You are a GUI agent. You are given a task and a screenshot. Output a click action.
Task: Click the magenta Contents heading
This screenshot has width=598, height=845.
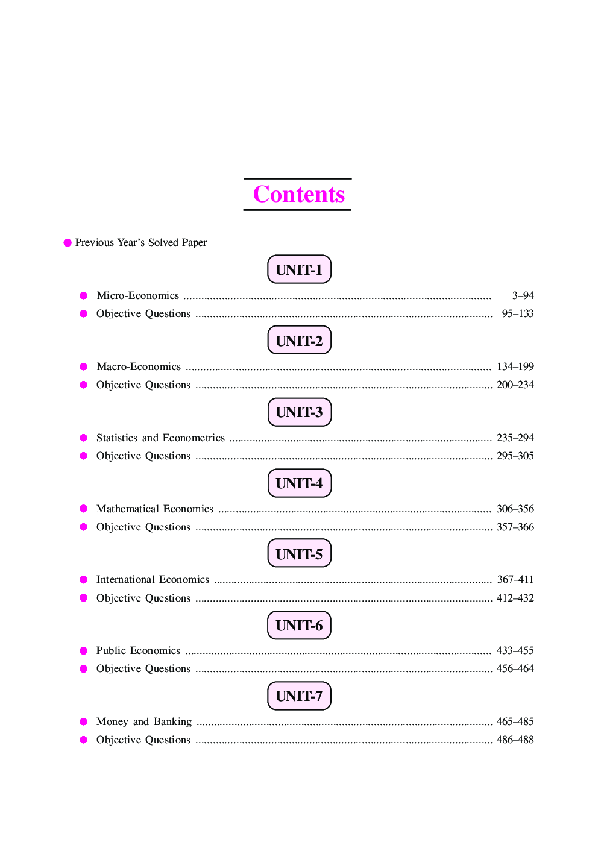[x=298, y=194]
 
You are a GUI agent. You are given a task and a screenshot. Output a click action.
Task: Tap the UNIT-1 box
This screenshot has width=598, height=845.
[x=299, y=269]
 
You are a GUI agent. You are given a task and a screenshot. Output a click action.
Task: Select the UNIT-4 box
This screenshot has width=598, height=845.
[x=299, y=483]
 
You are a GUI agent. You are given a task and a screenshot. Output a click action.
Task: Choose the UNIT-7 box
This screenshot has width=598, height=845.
[x=299, y=696]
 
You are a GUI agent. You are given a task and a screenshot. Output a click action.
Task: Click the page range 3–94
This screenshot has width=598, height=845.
[x=523, y=295]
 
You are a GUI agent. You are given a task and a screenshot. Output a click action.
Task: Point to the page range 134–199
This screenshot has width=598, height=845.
[x=515, y=366]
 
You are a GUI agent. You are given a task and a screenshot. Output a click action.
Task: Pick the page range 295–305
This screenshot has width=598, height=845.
[x=515, y=456]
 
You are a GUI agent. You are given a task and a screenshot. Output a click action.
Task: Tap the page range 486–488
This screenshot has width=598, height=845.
[x=515, y=740]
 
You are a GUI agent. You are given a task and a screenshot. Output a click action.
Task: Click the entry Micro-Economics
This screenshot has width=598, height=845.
[x=138, y=295]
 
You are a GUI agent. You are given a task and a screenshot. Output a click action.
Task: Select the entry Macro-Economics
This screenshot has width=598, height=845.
[x=139, y=366]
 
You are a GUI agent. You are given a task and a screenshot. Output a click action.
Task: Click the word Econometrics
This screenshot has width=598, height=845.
[x=194, y=438]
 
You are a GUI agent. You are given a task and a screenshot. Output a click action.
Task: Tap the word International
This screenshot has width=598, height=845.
[x=125, y=579]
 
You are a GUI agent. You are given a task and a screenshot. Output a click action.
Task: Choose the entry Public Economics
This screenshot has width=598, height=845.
[x=138, y=650]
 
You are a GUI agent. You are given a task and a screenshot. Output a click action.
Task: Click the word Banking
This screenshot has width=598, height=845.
[x=172, y=721]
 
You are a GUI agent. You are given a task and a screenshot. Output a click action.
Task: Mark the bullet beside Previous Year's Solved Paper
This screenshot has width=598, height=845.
[x=68, y=242]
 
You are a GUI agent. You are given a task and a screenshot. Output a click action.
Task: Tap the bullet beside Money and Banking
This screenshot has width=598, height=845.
[x=84, y=721]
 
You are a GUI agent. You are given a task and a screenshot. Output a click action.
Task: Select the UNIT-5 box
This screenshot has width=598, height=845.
[x=299, y=553]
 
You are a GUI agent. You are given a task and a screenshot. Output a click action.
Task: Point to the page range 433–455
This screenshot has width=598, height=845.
[x=515, y=650]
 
